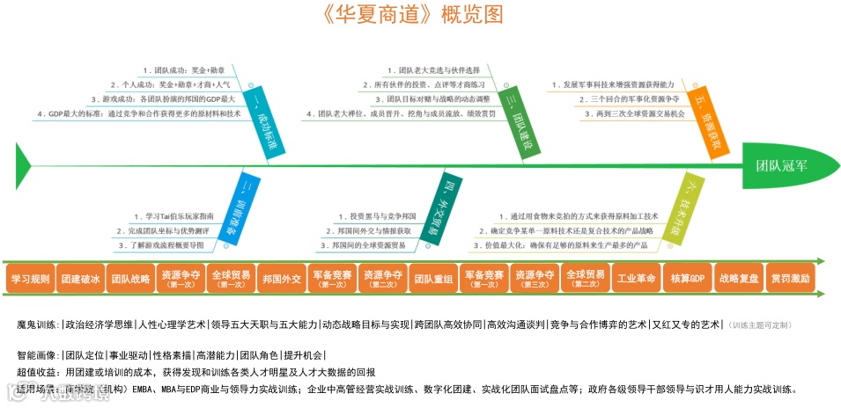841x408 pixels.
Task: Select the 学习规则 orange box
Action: pyautogui.click(x=29, y=279)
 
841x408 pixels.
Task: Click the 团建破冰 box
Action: pyautogui.click(x=80, y=279)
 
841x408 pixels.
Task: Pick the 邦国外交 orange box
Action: pyautogui.click(x=282, y=279)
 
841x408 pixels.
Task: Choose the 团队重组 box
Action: pyautogui.click(x=433, y=279)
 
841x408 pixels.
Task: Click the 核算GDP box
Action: pyautogui.click(x=687, y=279)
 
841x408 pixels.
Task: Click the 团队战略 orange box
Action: pyautogui.click(x=130, y=279)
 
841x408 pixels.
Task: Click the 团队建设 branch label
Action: pyautogui.click(x=519, y=120)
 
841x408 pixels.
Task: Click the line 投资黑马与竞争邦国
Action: pyautogui.click(x=383, y=215)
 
